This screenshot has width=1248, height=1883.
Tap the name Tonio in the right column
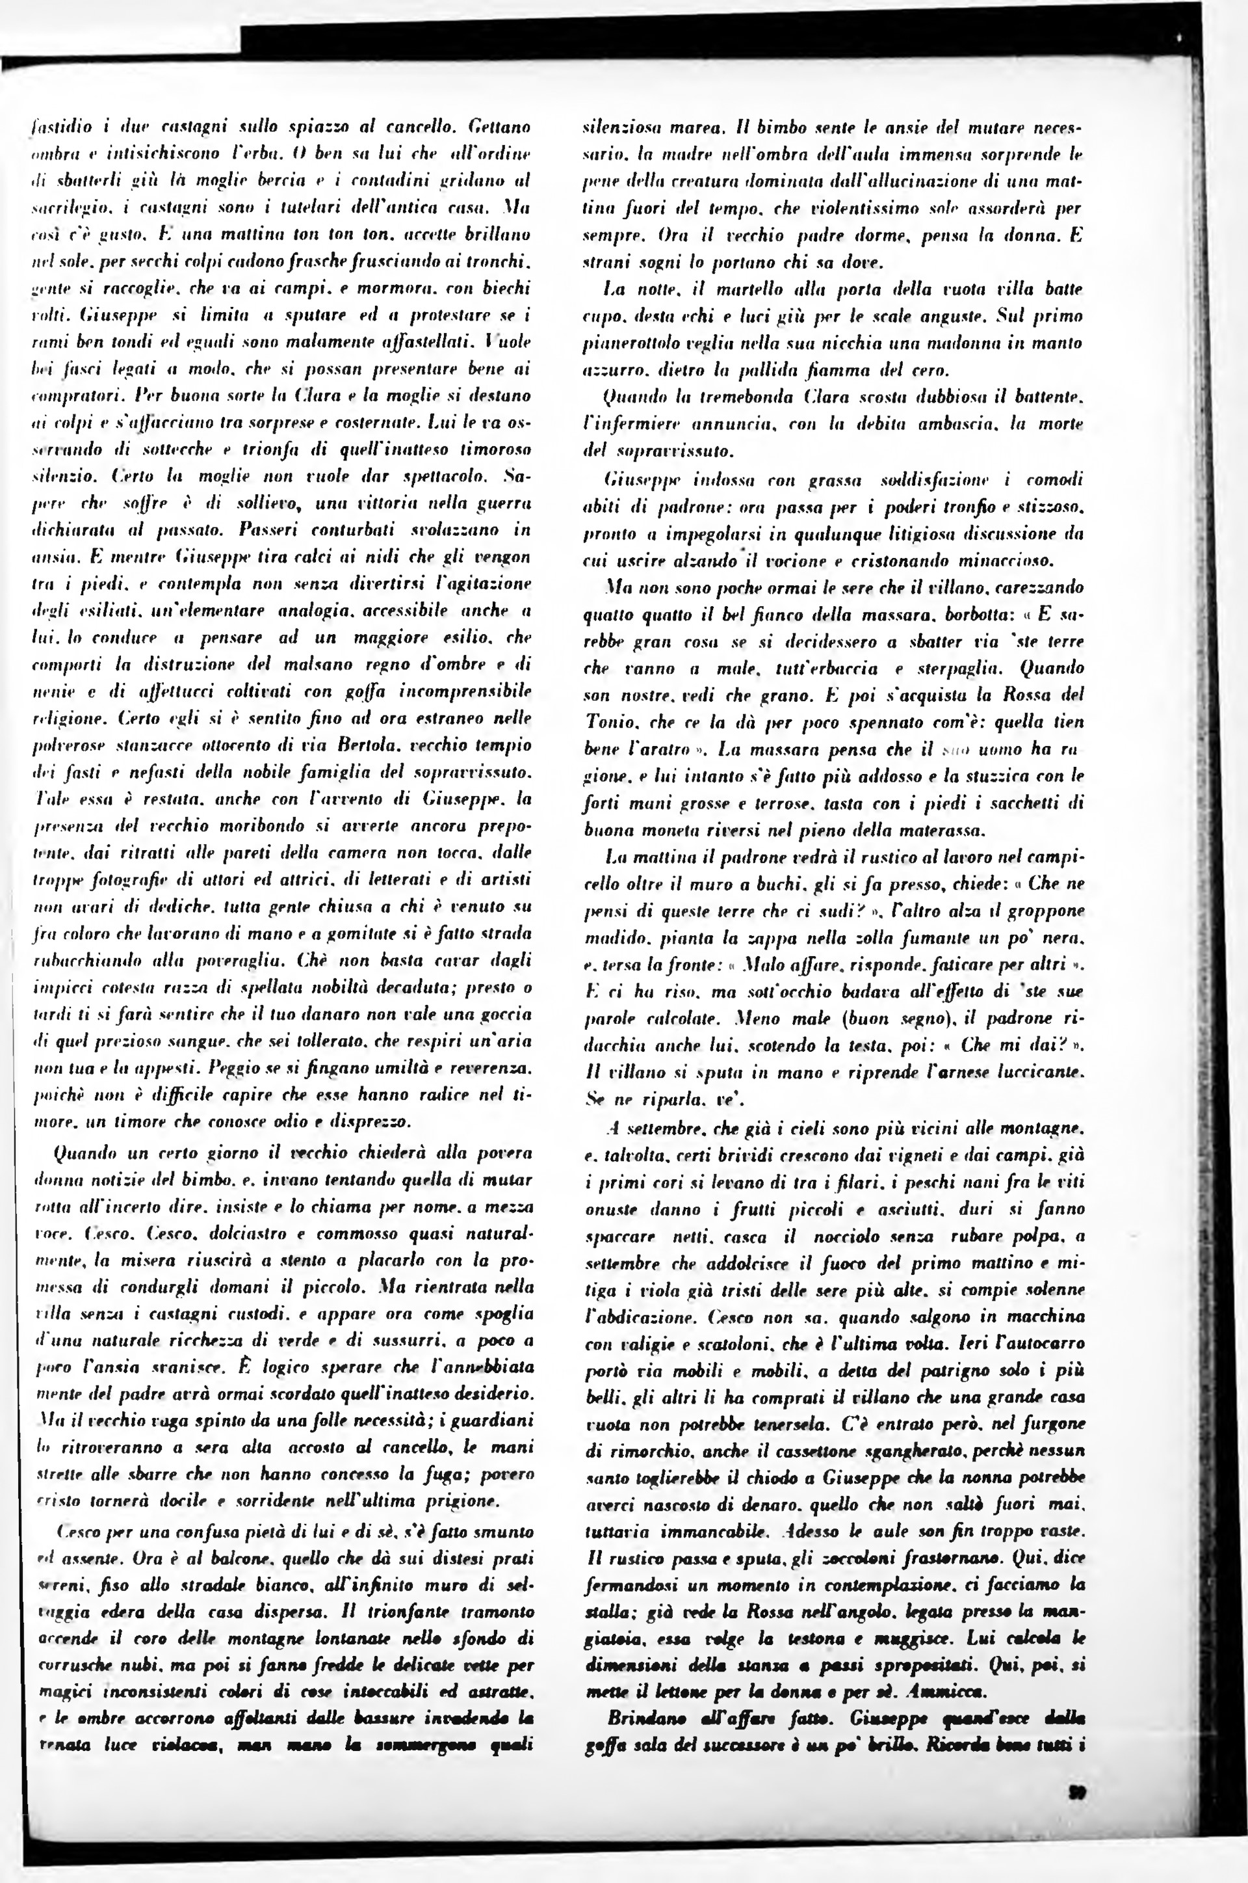[x=606, y=722]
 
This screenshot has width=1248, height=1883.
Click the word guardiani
[x=500, y=1421]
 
